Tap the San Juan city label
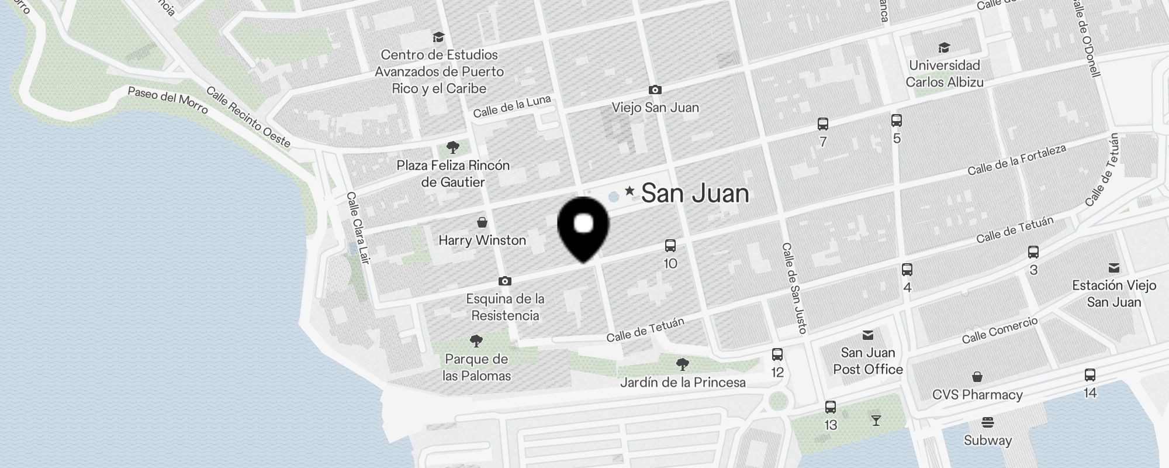click(x=695, y=194)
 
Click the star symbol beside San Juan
click(x=630, y=191)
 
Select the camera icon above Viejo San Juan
click(x=655, y=90)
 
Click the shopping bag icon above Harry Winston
click(x=482, y=222)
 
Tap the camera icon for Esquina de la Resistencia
click(x=505, y=281)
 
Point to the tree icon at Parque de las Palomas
click(x=476, y=340)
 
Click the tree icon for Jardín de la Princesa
click(x=682, y=364)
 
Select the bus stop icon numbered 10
click(x=670, y=246)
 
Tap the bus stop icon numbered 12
click(x=777, y=355)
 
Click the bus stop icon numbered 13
click(x=831, y=407)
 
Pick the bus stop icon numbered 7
click(x=823, y=124)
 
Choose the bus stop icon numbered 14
click(x=1090, y=375)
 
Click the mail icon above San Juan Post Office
click(x=868, y=335)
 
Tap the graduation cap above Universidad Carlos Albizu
click(x=944, y=47)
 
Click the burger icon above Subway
click(x=988, y=422)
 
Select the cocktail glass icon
click(x=876, y=420)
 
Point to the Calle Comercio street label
click(x=1000, y=330)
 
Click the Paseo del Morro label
click(x=168, y=99)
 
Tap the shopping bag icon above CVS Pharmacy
click(x=977, y=377)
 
